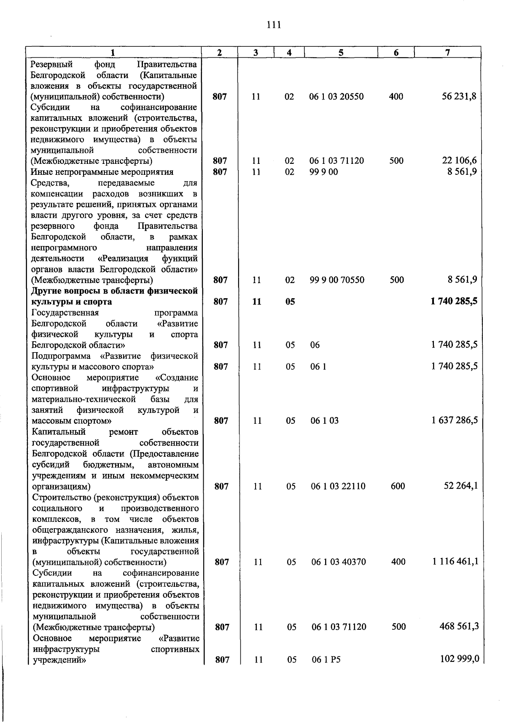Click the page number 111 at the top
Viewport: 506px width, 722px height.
click(274, 25)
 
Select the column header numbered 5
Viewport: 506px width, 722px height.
click(341, 52)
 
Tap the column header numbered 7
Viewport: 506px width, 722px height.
click(447, 52)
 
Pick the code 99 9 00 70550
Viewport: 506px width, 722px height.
click(337, 280)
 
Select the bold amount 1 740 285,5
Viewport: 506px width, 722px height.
click(454, 302)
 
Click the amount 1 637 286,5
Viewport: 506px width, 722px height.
click(455, 420)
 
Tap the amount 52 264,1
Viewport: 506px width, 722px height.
click(461, 486)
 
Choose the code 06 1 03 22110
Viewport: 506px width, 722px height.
click(338, 486)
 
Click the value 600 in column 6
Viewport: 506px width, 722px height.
click(398, 486)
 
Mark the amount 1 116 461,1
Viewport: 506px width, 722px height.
click(455, 562)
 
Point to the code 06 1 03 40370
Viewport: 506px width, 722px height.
click(339, 562)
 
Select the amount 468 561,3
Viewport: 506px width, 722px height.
click(459, 626)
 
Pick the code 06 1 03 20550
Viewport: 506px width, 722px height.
click(336, 96)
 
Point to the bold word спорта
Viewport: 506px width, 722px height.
click(97, 302)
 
